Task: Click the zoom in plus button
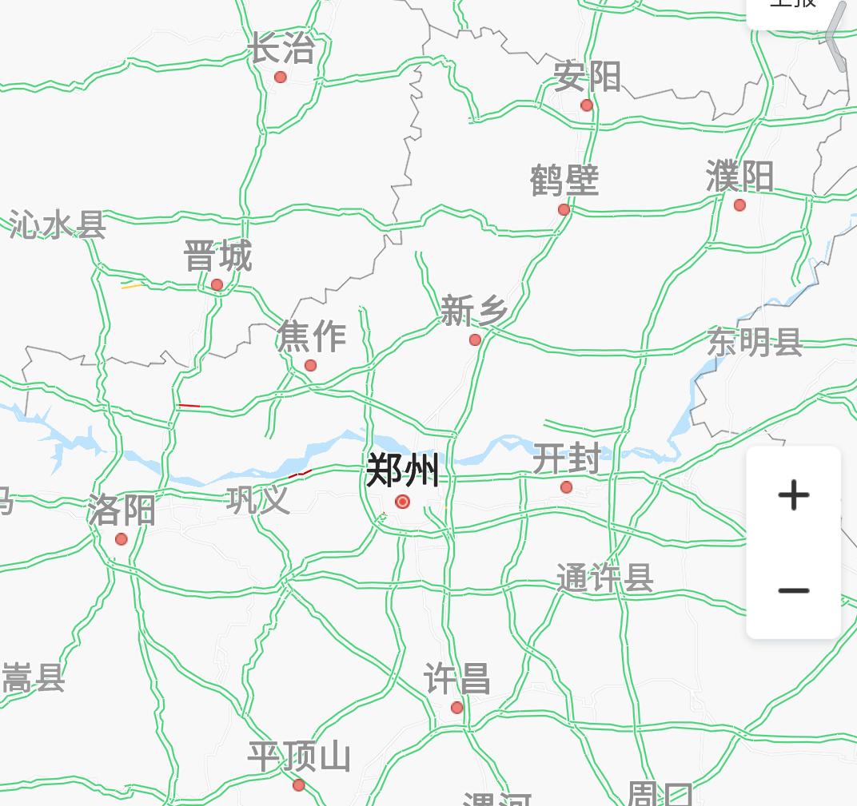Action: tap(793, 495)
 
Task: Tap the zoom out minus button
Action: tap(793, 591)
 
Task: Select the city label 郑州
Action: tap(402, 470)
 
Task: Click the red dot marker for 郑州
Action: tap(403, 502)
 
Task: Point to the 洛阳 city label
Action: tap(122, 510)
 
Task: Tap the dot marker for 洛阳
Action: tap(122, 539)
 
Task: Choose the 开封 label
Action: tap(566, 459)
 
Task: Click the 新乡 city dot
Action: tap(475, 339)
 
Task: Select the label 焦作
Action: tap(312, 336)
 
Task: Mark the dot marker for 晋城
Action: tap(217, 284)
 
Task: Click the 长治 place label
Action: tap(281, 48)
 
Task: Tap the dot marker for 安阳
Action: tap(587, 105)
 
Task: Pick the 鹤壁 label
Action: tap(564, 181)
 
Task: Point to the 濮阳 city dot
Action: tap(739, 205)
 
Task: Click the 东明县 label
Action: tap(755, 342)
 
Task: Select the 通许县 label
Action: tap(604, 578)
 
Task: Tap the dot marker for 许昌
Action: tap(456, 708)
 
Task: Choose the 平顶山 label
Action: tap(299, 756)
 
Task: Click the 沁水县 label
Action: tap(58, 225)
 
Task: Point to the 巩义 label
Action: tap(257, 500)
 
